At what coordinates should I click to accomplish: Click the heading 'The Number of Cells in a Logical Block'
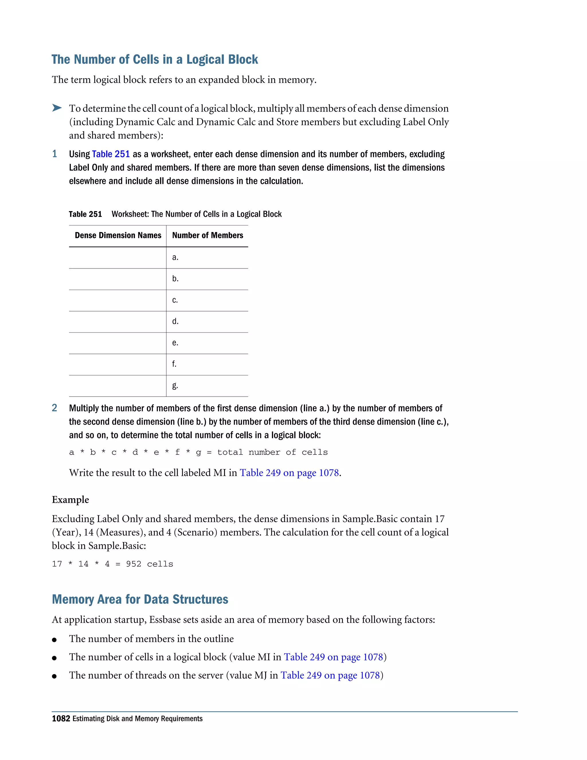tap(155, 59)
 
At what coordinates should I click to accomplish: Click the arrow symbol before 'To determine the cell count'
tap(57, 108)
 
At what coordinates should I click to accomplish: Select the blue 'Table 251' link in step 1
tap(111, 154)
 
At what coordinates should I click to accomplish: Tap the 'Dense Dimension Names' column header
tap(118, 235)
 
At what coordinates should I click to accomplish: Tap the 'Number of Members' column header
tap(208, 235)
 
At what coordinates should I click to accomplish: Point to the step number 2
tap(54, 408)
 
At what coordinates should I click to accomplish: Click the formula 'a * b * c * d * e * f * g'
tap(135, 452)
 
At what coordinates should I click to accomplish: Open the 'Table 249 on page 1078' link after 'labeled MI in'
tap(289, 473)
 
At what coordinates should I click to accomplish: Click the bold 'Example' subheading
tap(70, 500)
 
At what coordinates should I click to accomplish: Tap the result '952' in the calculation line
tap(134, 564)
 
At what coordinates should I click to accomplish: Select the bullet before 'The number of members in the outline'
tap(54, 640)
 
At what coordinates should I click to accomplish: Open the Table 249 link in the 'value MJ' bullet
tap(330, 675)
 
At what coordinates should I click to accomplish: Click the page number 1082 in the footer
tap(61, 719)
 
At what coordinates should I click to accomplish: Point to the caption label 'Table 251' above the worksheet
tap(85, 214)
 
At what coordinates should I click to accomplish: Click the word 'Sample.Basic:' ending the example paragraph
tap(117, 546)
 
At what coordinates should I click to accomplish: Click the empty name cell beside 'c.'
tap(118, 300)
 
